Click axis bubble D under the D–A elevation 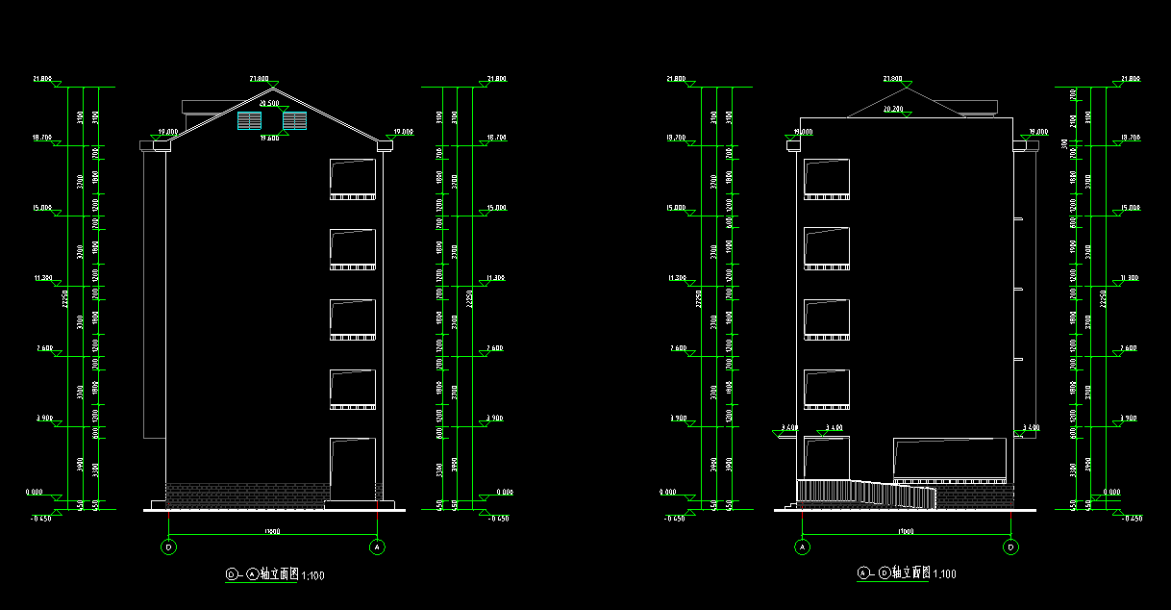pyautogui.click(x=169, y=546)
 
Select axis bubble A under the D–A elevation pyautogui.click(x=378, y=546)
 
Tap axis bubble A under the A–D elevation pyautogui.click(x=802, y=546)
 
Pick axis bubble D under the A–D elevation pyautogui.click(x=1011, y=546)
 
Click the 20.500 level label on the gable pyautogui.click(x=269, y=103)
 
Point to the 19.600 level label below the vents pyautogui.click(x=269, y=138)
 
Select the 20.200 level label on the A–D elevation pyautogui.click(x=892, y=110)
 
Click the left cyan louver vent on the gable pyautogui.click(x=249, y=120)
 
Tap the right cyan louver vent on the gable pyautogui.click(x=294, y=120)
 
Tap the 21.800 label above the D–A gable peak pyautogui.click(x=259, y=78)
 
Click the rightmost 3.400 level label pyautogui.click(x=1029, y=426)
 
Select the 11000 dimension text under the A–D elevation pyautogui.click(x=906, y=531)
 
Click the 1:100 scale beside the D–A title pyautogui.click(x=312, y=575)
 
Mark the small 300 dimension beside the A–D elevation pyautogui.click(x=1063, y=143)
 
